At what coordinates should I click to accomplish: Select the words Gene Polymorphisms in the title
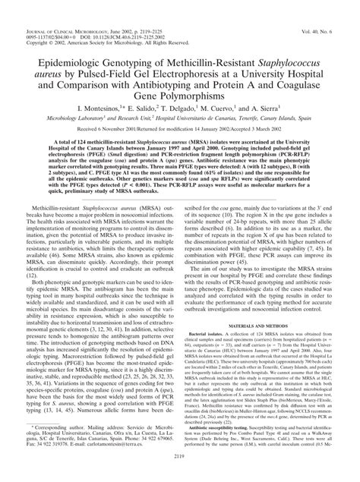pyautogui.click(x=179, y=94)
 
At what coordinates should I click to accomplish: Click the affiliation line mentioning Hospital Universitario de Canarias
pyautogui.click(x=179, y=118)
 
